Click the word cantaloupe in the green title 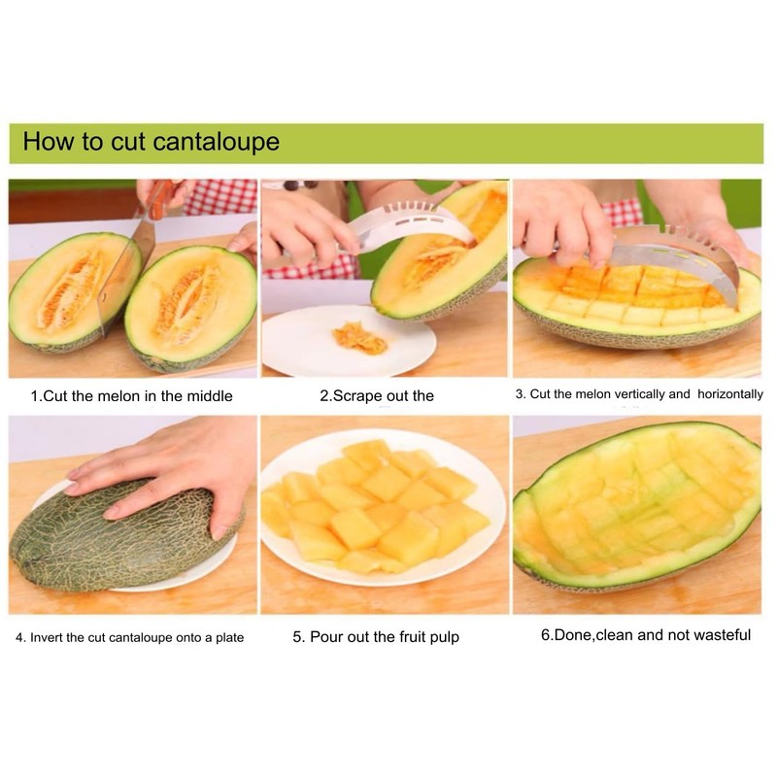(x=216, y=142)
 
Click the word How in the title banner (x=49, y=142)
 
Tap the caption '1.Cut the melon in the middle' (x=131, y=396)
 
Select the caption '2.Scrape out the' (x=377, y=396)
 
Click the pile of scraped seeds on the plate (x=358, y=338)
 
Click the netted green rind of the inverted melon (x=107, y=544)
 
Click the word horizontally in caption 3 (x=729, y=394)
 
